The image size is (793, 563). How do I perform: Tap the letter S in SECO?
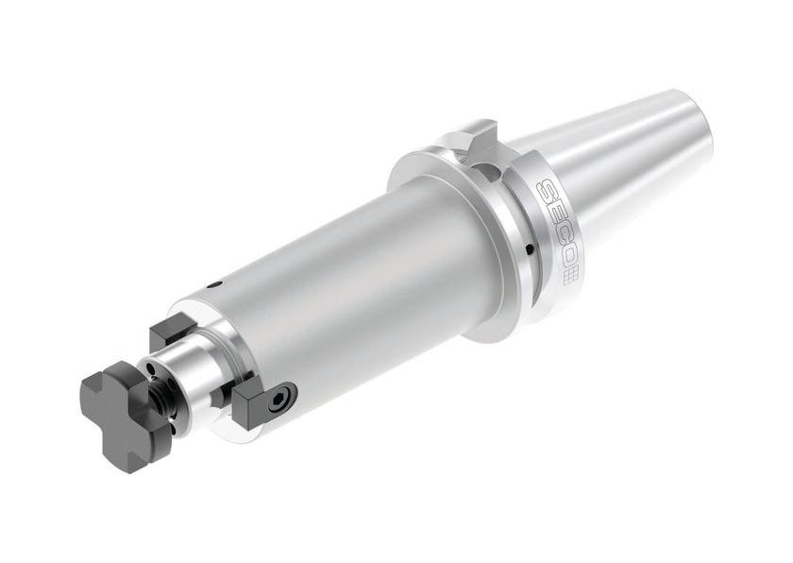[545, 188]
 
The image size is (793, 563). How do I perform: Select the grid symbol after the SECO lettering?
[570, 276]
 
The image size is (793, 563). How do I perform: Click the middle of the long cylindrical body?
[349, 283]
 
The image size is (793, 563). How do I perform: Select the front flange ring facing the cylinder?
[444, 236]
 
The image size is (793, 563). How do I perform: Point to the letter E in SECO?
[551, 208]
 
